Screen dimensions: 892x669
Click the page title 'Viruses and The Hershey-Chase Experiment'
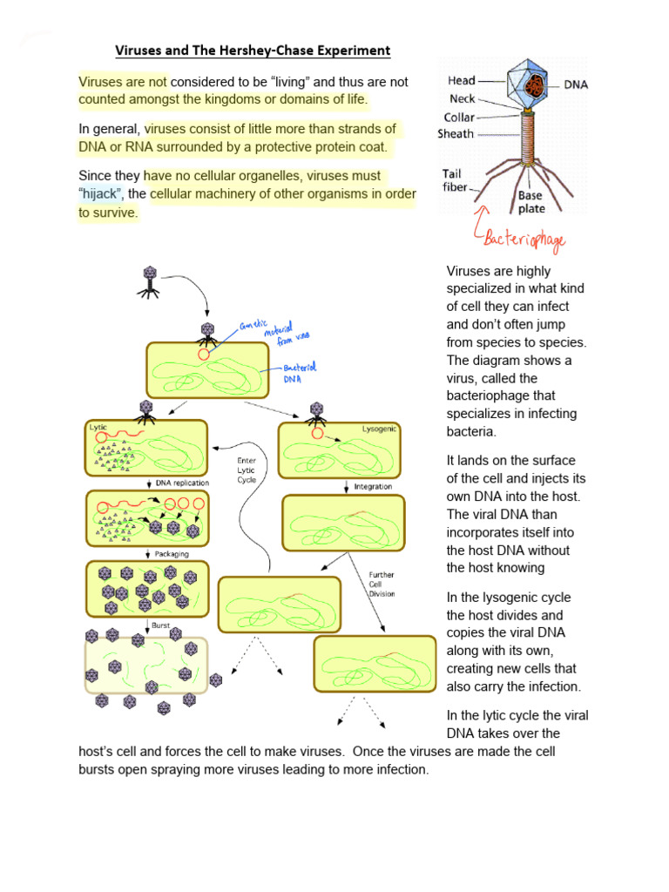(x=253, y=51)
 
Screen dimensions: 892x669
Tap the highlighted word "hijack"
(x=102, y=193)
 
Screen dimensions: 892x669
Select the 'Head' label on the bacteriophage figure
(x=461, y=81)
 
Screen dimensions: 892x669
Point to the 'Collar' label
(x=458, y=117)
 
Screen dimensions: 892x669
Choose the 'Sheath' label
(x=456, y=134)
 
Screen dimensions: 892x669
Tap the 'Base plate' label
(x=531, y=202)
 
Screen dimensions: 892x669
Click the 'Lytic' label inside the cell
(x=98, y=427)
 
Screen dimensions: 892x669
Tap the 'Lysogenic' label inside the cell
(x=379, y=429)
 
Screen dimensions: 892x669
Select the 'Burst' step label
(x=160, y=625)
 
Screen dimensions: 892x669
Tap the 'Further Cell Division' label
(x=382, y=585)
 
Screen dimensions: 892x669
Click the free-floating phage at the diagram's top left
(x=150, y=283)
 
